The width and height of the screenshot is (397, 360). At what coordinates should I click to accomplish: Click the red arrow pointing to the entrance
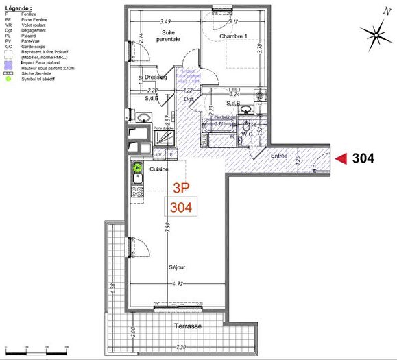point(340,158)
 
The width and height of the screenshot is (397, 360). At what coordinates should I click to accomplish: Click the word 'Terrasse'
point(187,326)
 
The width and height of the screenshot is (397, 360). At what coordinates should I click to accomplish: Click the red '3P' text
point(181,187)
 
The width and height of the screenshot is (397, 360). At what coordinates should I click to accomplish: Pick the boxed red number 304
point(181,206)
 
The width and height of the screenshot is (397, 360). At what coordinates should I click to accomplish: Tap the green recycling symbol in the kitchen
point(136,167)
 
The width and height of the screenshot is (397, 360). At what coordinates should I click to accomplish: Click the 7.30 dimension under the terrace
point(181,348)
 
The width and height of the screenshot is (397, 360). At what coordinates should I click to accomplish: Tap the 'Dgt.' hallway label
point(189,99)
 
